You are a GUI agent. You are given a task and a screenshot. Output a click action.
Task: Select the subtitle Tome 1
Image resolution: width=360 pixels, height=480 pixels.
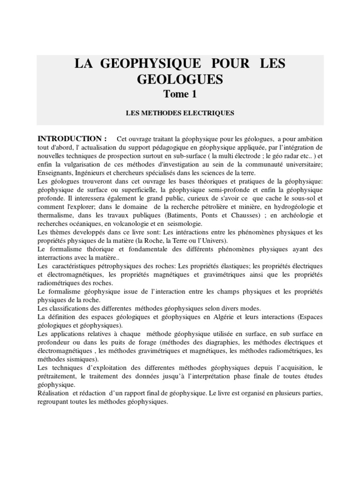tap(180, 94)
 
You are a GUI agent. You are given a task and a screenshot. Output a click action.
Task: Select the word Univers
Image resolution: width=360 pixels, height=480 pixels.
tap(215, 240)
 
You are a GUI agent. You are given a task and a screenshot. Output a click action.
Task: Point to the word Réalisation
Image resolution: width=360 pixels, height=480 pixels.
tap(54, 392)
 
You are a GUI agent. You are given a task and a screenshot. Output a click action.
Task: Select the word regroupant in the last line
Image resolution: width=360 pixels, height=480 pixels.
tap(53, 401)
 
